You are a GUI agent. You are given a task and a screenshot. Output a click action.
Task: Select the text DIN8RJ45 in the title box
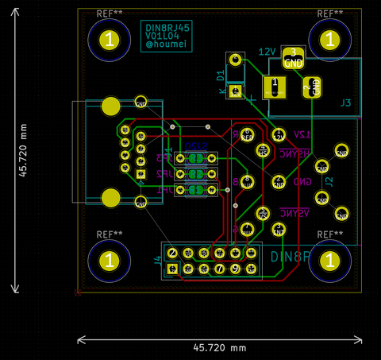pos(167,28)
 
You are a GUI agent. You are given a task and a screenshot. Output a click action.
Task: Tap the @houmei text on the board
pos(167,47)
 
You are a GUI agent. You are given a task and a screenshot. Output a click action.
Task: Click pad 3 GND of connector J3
pos(293,57)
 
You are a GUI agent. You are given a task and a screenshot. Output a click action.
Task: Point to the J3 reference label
pos(345,103)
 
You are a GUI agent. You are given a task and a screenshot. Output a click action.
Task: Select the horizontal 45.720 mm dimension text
pos(220,348)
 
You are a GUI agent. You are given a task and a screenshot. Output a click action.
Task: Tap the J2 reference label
pos(329,182)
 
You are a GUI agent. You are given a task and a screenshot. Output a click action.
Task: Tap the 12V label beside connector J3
pos(267,52)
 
